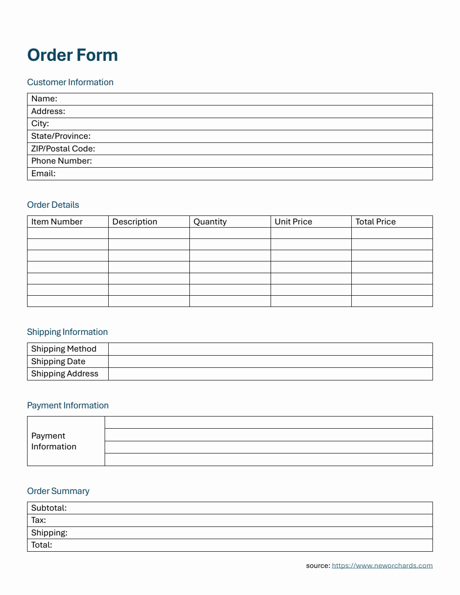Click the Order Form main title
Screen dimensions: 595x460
click(73, 55)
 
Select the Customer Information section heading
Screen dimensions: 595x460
click(70, 82)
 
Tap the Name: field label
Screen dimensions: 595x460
click(44, 99)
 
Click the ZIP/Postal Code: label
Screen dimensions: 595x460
click(63, 149)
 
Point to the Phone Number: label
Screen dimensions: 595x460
click(61, 161)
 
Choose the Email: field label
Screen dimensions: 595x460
click(43, 174)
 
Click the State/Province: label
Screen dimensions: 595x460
click(61, 136)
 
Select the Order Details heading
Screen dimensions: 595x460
click(53, 205)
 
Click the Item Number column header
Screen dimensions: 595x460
click(57, 222)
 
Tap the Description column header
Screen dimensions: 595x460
click(135, 222)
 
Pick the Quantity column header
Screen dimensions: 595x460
click(210, 222)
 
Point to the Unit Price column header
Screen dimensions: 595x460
click(294, 222)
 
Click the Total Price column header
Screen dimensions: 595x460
click(376, 222)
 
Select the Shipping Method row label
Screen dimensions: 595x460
click(64, 349)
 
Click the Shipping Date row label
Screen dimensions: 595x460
click(58, 362)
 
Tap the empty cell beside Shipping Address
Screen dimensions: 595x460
click(270, 374)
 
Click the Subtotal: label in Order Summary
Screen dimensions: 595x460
click(49, 508)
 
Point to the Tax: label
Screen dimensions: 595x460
click(38, 520)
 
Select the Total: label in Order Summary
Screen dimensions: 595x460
click(41, 545)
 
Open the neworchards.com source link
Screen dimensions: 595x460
click(382, 566)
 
